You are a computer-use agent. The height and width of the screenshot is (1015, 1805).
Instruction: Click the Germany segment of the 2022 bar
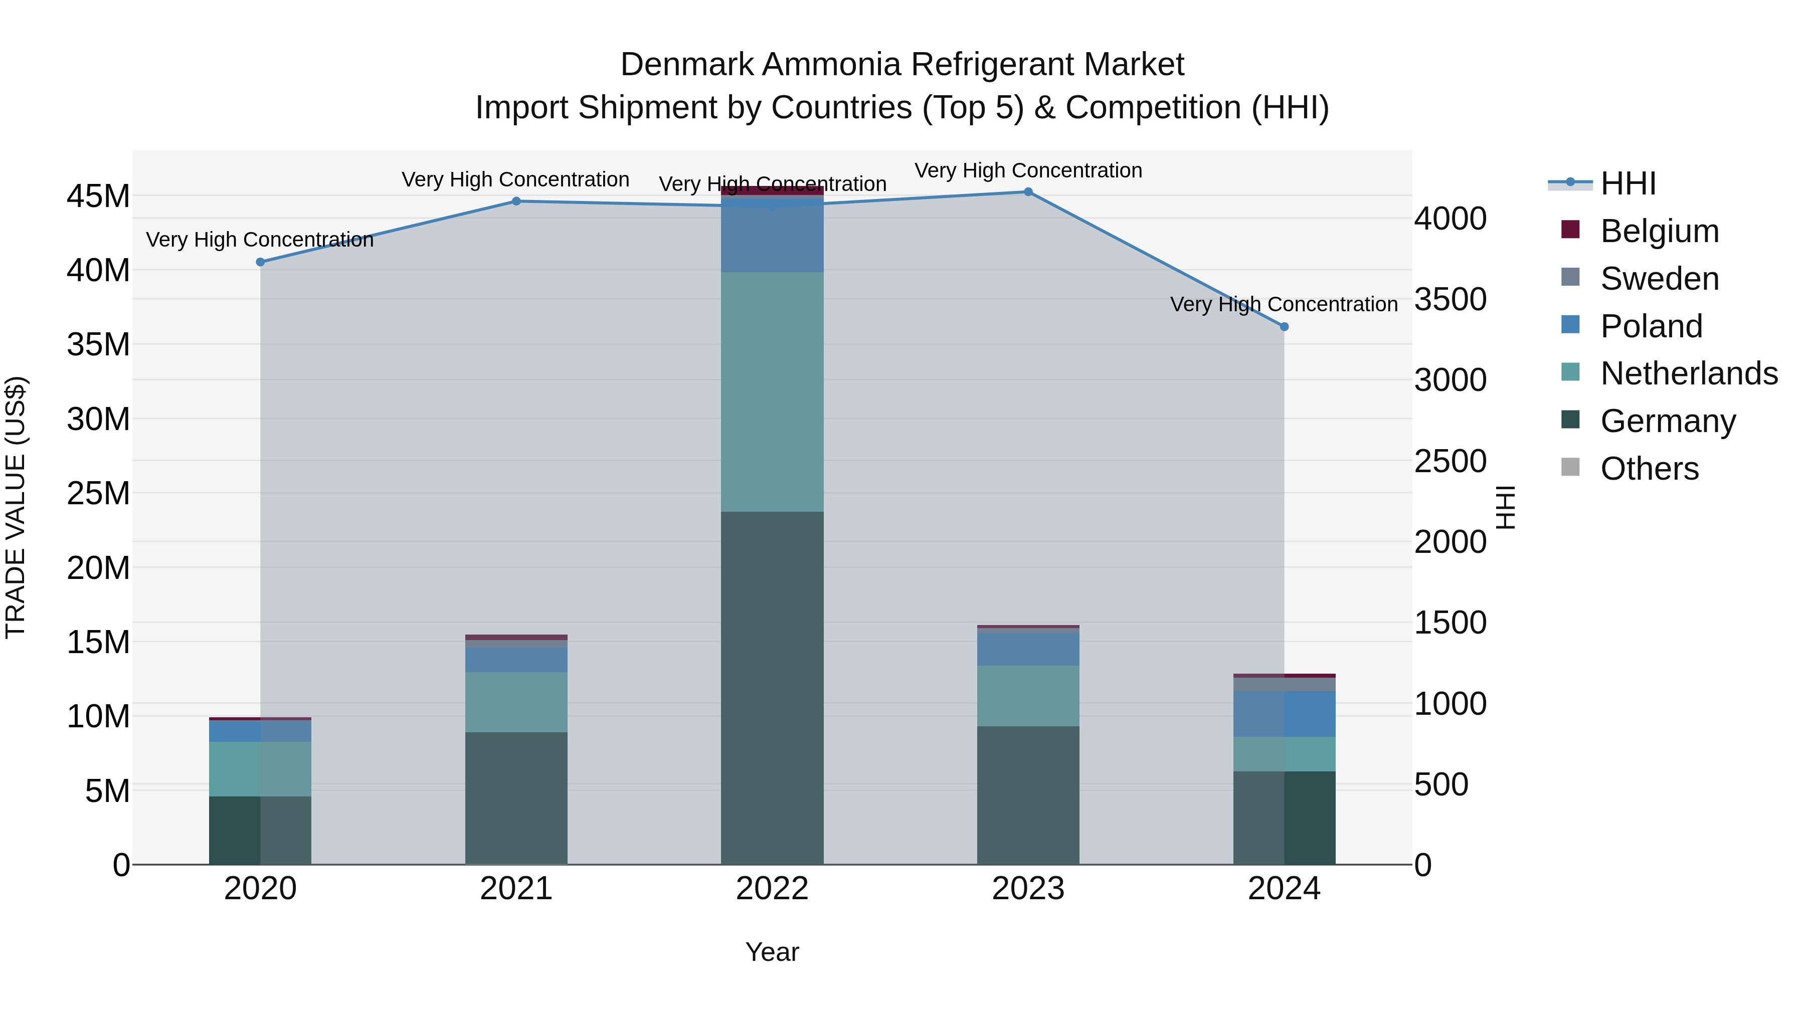tap(772, 687)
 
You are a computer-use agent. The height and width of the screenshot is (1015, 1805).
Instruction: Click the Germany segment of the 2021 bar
tap(516, 798)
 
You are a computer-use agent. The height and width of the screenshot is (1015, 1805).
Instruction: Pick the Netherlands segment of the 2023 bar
tap(1028, 696)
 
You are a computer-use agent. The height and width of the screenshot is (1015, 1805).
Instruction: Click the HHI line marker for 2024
tap(1284, 326)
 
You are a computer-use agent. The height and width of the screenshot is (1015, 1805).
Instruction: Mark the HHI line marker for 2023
tap(1028, 192)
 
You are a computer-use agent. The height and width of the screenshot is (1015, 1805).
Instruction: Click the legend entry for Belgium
tap(1659, 231)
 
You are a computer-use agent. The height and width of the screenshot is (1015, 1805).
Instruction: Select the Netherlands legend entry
tap(1688, 373)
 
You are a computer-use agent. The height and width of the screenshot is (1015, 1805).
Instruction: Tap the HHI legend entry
tap(1628, 183)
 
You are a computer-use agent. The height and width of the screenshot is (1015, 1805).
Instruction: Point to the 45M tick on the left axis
tap(98, 196)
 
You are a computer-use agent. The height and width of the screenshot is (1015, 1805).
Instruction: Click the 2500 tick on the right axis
tap(1450, 461)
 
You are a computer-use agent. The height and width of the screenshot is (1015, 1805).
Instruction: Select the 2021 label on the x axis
tap(516, 889)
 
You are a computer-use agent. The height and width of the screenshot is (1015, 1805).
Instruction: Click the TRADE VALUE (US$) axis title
tap(16, 507)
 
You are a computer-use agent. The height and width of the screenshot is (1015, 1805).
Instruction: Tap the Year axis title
tap(772, 952)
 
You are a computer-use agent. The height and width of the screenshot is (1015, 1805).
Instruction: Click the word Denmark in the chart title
tap(687, 65)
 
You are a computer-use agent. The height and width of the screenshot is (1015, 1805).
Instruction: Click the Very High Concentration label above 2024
tap(1283, 304)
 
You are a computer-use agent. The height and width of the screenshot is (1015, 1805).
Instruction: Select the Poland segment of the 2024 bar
tap(1284, 713)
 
